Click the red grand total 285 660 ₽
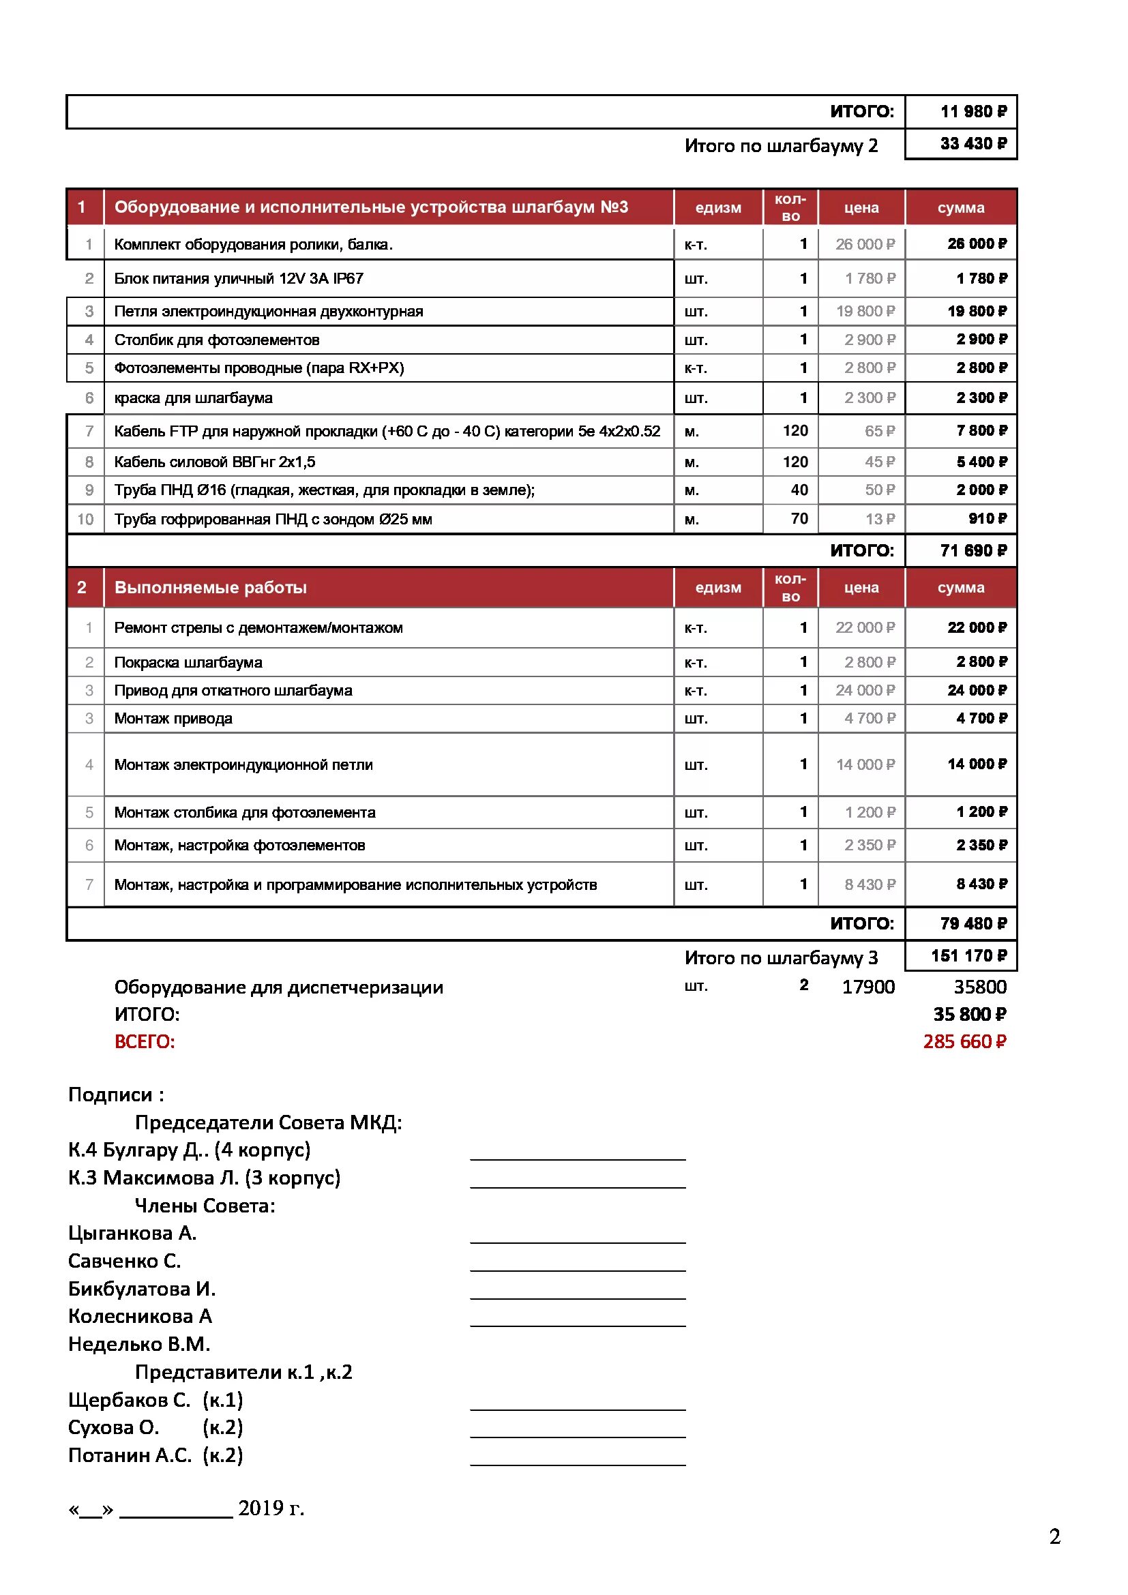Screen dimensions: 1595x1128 point(964,1041)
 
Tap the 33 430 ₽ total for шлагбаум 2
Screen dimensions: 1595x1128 point(973,144)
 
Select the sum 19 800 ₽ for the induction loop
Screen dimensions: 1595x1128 point(977,311)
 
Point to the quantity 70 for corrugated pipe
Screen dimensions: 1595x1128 point(799,518)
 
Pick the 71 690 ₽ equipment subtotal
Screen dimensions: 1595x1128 point(973,551)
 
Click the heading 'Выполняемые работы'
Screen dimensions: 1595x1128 point(211,588)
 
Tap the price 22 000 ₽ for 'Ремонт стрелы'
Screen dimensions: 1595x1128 point(865,628)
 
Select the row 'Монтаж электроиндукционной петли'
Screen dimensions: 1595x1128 point(243,765)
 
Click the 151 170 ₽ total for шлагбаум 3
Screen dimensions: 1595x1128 point(968,956)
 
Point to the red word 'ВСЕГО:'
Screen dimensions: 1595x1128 point(145,1042)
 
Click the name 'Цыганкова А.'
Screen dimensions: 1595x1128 point(132,1233)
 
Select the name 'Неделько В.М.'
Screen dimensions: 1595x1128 point(139,1344)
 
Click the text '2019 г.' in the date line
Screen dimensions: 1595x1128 point(271,1508)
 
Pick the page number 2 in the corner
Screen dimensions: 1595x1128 point(1054,1536)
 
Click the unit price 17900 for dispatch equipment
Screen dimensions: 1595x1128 point(867,987)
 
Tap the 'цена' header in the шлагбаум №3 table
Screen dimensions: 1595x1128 point(861,208)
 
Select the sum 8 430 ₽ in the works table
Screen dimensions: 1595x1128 point(981,884)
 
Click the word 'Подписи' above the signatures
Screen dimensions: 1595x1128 point(110,1095)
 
